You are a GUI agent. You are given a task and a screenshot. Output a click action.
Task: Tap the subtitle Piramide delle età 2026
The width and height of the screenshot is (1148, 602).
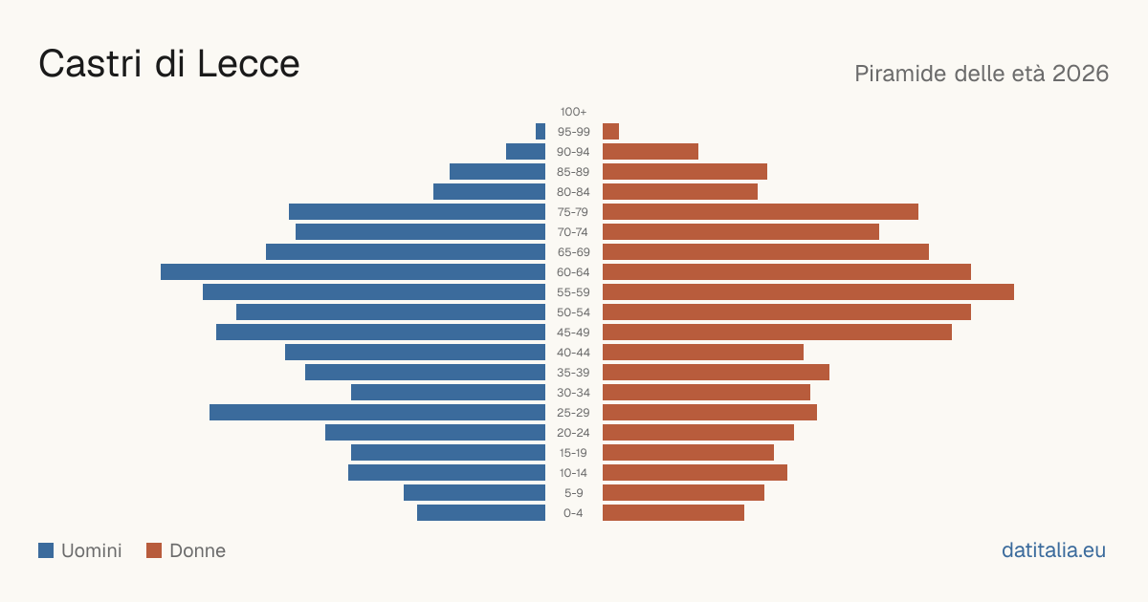point(982,74)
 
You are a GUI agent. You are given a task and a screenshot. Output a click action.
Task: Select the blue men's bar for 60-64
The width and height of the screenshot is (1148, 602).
point(353,271)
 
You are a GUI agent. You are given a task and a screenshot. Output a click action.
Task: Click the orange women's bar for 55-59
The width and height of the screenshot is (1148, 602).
point(808,291)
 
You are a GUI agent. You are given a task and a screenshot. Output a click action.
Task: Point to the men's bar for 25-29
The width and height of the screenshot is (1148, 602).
point(377,412)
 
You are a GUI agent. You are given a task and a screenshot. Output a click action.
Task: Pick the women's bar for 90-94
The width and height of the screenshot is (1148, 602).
point(651,152)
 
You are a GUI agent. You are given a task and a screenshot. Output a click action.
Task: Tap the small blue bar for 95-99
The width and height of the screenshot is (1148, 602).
point(541,132)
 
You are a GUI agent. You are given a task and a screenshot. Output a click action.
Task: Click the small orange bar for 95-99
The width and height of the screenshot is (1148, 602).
point(611,132)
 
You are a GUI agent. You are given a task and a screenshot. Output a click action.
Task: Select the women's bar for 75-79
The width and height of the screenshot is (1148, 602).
point(761,211)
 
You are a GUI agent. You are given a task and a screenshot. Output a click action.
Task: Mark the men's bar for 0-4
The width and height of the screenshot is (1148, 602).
point(481,512)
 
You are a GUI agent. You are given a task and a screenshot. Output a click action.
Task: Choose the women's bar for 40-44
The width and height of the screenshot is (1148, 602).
point(703,353)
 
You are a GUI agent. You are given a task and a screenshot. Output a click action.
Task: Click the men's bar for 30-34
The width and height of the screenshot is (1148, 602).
point(449,392)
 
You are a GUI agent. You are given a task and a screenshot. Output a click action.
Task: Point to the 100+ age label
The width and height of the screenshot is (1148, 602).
point(573,112)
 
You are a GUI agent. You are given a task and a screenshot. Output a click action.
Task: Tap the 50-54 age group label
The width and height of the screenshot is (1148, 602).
point(573,312)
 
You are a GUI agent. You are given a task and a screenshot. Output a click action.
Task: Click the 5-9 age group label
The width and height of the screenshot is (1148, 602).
point(573,493)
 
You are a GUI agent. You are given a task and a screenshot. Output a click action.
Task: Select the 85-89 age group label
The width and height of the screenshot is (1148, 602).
point(573,172)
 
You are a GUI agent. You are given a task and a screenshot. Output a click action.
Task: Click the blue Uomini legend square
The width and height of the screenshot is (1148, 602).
point(46,550)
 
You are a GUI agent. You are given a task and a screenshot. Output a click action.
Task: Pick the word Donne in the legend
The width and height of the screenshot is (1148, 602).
point(197,550)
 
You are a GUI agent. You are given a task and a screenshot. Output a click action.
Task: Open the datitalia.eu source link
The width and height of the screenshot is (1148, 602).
point(1053,550)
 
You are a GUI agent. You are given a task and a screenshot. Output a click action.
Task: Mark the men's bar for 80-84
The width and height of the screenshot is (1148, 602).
point(490,191)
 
